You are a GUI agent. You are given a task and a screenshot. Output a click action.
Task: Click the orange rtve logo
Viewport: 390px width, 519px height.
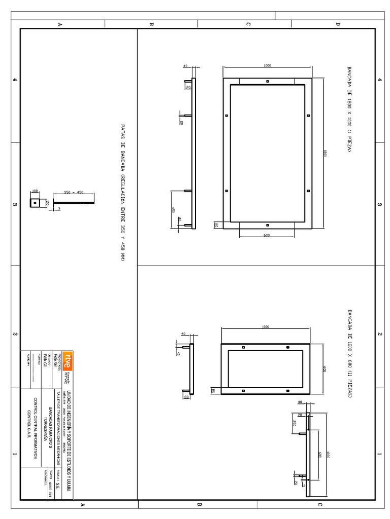click(x=67, y=361)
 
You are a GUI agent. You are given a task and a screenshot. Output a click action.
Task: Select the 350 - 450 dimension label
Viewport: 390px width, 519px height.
click(x=74, y=192)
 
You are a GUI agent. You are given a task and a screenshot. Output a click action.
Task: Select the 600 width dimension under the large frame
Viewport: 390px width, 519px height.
click(x=267, y=235)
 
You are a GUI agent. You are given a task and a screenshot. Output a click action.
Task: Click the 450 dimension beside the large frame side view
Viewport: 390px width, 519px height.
click(x=173, y=210)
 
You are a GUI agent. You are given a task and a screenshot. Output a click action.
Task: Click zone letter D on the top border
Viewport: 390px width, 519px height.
click(x=338, y=24)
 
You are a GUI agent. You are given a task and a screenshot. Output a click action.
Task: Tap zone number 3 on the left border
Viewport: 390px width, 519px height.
click(x=14, y=205)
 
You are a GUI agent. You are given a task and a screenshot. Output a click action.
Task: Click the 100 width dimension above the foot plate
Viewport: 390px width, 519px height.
click(x=35, y=191)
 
